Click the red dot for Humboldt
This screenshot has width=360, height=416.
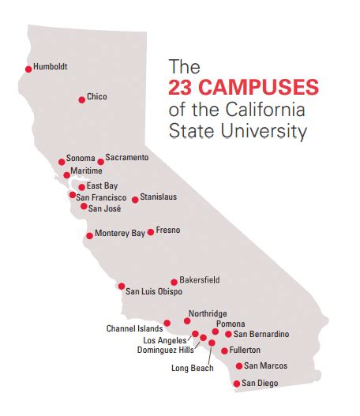coord(28,69)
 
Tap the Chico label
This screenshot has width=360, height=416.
coord(97,97)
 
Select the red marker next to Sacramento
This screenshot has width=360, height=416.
coord(100,162)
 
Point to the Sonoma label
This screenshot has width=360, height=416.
coord(81,158)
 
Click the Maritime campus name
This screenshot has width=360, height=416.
coord(86,171)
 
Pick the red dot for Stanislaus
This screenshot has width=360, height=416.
coord(135,200)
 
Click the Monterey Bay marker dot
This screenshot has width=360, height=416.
coord(89,235)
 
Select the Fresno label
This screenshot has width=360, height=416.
coord(168,230)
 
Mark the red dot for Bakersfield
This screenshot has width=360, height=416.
coord(174,282)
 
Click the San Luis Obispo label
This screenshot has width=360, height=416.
coord(154,291)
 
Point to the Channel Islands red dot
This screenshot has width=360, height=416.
coord(167,324)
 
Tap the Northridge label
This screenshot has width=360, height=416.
coord(207,313)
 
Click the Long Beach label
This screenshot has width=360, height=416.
coord(192,368)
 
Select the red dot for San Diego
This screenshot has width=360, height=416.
coord(236,384)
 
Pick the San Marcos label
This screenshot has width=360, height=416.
coord(265,365)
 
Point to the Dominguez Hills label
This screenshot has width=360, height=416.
coord(165,349)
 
